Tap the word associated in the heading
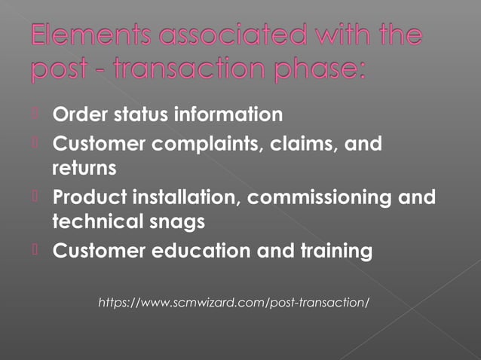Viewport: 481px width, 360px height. pyautogui.click(x=237, y=36)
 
